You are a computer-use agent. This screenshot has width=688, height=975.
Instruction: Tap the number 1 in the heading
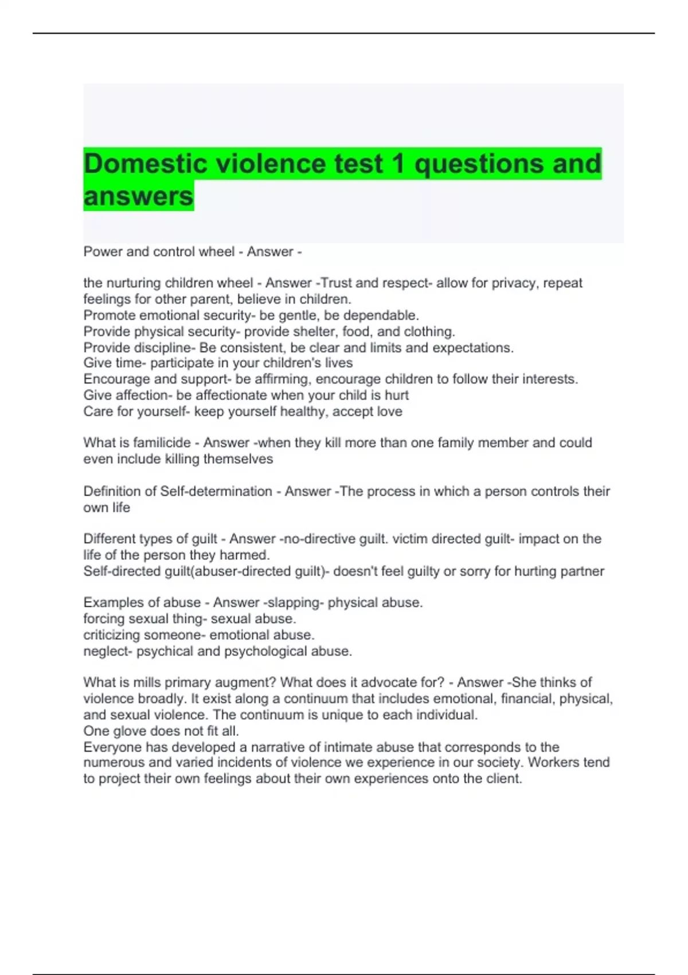(398, 164)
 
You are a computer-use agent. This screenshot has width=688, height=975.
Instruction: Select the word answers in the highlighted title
(138, 197)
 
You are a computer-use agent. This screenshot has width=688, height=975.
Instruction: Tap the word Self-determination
(216, 492)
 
